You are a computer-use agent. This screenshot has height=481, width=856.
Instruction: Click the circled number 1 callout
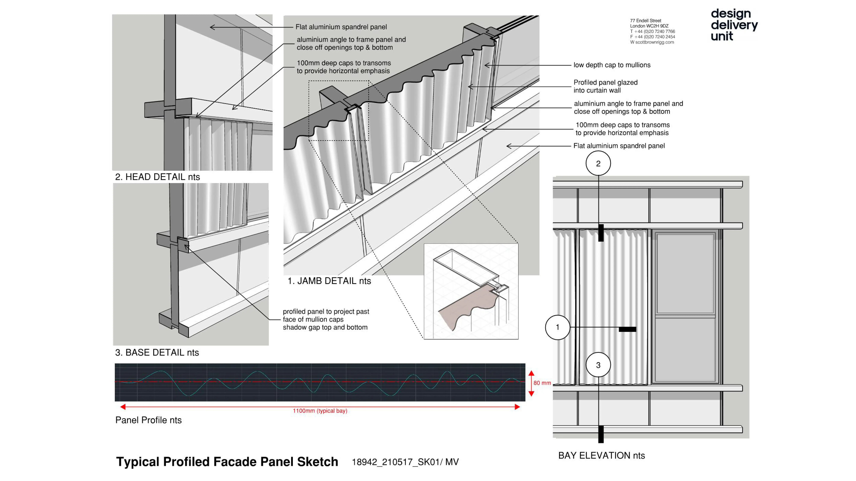(x=558, y=327)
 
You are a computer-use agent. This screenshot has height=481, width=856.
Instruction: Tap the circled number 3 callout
(x=598, y=365)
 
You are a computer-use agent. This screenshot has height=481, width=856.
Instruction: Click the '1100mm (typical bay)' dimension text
(x=320, y=411)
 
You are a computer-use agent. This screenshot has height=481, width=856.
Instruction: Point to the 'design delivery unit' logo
(x=734, y=25)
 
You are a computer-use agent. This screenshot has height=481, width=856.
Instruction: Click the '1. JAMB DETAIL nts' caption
(x=329, y=281)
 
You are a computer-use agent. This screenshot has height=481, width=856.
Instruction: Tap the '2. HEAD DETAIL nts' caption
(x=157, y=177)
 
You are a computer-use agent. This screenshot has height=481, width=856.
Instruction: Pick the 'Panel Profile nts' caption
(x=149, y=420)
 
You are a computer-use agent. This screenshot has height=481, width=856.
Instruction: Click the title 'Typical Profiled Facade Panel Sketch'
(x=227, y=462)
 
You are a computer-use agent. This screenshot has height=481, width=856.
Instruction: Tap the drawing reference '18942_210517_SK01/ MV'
(x=405, y=462)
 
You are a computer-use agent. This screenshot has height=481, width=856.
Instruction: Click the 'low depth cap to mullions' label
(x=612, y=65)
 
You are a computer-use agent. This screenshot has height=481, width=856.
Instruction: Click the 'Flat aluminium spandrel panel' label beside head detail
(x=341, y=27)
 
